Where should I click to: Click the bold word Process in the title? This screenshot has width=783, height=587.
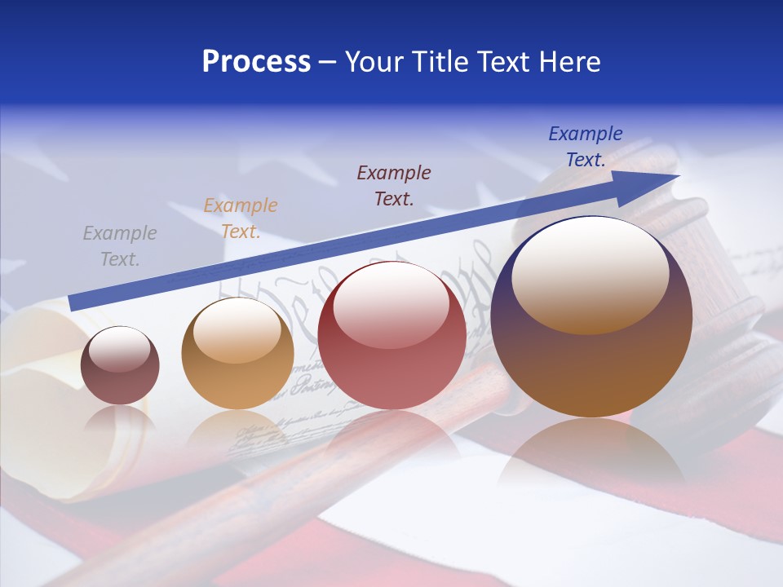pyautogui.click(x=256, y=62)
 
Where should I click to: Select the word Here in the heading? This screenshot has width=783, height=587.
pyautogui.click(x=568, y=62)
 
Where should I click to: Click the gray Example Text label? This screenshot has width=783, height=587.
pyautogui.click(x=120, y=245)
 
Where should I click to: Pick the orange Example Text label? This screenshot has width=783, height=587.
pyautogui.click(x=240, y=218)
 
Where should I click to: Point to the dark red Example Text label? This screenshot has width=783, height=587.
pyautogui.click(x=394, y=185)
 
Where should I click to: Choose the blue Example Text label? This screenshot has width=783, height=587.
pyautogui.click(x=585, y=146)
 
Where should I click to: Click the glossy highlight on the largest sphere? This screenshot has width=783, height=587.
pyautogui.click(x=590, y=276)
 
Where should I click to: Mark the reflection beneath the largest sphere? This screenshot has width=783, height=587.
pyautogui.click(x=591, y=452)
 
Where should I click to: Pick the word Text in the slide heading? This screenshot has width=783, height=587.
pyautogui.click(x=498, y=62)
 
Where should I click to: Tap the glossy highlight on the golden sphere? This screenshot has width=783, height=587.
pyautogui.click(x=237, y=330)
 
